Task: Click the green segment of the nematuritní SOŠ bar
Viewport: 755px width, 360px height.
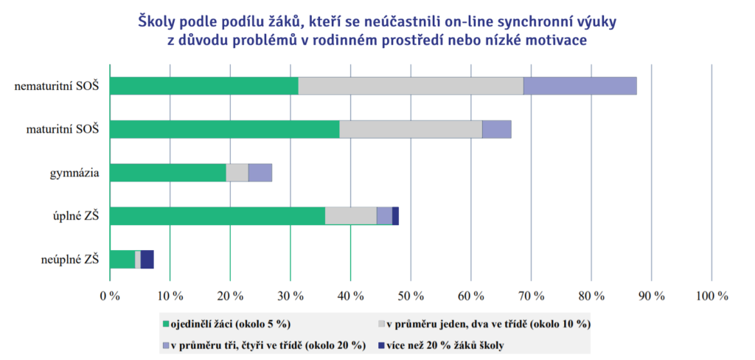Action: coord(204,86)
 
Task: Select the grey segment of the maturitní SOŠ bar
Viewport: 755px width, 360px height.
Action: coord(411,129)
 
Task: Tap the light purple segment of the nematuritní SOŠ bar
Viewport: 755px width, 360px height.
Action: coord(580,86)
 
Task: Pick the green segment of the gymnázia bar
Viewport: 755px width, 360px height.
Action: coord(168,173)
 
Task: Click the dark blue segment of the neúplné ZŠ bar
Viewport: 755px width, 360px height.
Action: coord(147,259)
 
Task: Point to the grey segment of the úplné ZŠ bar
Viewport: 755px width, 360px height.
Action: coord(351,215)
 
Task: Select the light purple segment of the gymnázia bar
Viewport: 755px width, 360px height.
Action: coord(260,173)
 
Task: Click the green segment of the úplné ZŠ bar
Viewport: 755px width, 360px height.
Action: coord(218,215)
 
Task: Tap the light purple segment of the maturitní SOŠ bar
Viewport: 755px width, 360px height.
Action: coord(497,129)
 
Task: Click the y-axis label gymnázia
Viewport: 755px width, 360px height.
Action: coord(74,173)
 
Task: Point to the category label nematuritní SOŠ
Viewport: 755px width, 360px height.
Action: coord(58,86)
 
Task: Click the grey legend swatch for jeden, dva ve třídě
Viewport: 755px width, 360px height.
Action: coord(381,323)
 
